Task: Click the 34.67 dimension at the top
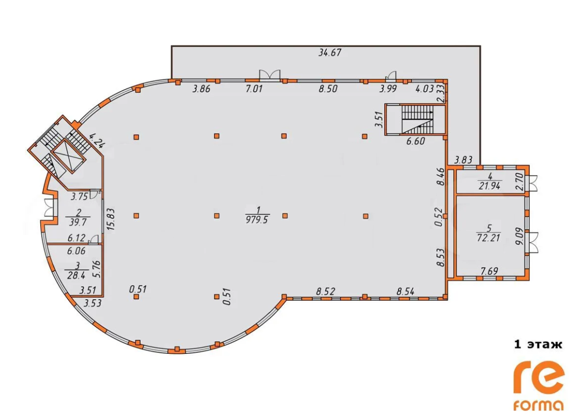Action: point(330,53)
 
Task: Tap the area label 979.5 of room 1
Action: point(257,220)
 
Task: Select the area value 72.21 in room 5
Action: point(488,238)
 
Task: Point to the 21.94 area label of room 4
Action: point(489,186)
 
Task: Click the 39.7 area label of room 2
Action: point(77,222)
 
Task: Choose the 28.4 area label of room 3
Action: point(76,275)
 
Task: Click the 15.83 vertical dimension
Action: point(111,219)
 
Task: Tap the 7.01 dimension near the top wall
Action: point(254,89)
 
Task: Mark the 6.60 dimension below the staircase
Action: point(415,141)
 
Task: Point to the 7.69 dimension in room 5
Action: point(489,271)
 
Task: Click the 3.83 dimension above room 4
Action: point(463,160)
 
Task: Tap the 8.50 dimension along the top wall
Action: point(328,89)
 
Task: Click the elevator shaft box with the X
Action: point(68,156)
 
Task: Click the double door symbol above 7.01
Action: point(270,74)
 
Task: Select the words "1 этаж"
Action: point(538,344)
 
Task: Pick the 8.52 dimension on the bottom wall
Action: point(325,292)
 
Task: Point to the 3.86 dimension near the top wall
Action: point(201,89)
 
